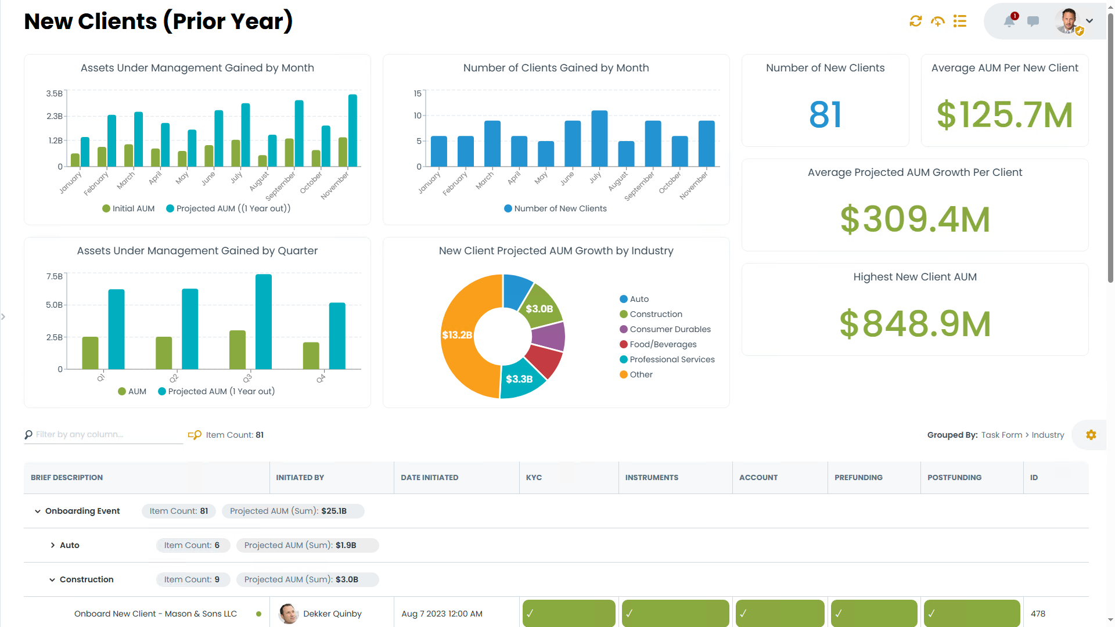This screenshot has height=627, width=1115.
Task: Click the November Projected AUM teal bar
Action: [x=353, y=131]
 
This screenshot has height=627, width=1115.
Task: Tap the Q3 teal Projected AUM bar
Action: [x=264, y=322]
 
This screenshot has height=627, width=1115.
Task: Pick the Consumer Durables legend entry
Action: [x=670, y=329]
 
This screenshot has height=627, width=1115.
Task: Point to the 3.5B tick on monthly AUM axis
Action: [x=54, y=93]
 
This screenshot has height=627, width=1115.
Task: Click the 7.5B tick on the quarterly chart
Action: [x=54, y=276]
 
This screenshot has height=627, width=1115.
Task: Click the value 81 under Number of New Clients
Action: [x=825, y=115]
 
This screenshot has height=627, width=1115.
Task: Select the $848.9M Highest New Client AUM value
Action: [x=915, y=324]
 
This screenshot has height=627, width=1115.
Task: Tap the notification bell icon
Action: [x=1009, y=21]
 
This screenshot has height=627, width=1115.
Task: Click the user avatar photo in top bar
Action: [x=1067, y=21]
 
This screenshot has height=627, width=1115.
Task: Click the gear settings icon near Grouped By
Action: [x=1091, y=435]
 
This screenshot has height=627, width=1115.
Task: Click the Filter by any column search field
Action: [x=105, y=435]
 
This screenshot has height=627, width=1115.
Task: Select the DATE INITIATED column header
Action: [x=429, y=478]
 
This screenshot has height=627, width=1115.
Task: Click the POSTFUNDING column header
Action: [x=954, y=478]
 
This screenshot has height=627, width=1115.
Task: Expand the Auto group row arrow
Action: [x=53, y=545]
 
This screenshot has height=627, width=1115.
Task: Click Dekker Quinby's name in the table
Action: [x=332, y=614]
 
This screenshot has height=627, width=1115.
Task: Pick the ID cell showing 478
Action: [x=1038, y=614]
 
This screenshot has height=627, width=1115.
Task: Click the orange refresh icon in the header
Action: [x=915, y=21]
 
